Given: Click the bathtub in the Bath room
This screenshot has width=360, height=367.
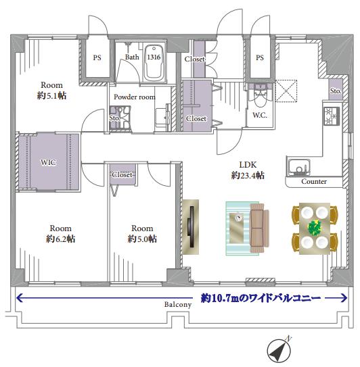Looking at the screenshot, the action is point(154,62).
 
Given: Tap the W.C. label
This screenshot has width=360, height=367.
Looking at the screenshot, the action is point(260,115).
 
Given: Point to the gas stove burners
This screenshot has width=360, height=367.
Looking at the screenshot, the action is point(332,116).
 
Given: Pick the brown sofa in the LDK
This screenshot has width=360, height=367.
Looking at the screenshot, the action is point(259,228).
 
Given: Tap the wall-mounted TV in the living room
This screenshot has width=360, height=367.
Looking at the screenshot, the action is point(191,227).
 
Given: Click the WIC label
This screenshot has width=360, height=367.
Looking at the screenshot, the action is point(49,162).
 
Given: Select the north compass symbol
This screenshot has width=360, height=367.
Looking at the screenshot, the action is point(279,350).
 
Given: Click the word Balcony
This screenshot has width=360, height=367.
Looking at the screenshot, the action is point(178,304).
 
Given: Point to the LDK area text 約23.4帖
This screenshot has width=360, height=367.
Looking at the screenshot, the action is point(248,175).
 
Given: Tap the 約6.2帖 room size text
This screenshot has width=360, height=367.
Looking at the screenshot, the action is point(60,239).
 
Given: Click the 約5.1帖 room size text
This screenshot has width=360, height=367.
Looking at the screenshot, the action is point(51,95).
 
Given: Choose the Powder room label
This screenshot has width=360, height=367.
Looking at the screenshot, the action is point(135,97).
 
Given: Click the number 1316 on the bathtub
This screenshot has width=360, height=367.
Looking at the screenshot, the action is point(154,57).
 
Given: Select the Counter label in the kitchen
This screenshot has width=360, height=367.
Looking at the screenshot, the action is point(314,181).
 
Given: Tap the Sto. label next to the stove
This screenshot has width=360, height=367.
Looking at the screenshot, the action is point(336,91).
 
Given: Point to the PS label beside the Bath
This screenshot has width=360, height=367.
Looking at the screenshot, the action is point(97,57).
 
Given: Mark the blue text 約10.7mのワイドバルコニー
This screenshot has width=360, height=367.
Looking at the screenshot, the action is point(261,298).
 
